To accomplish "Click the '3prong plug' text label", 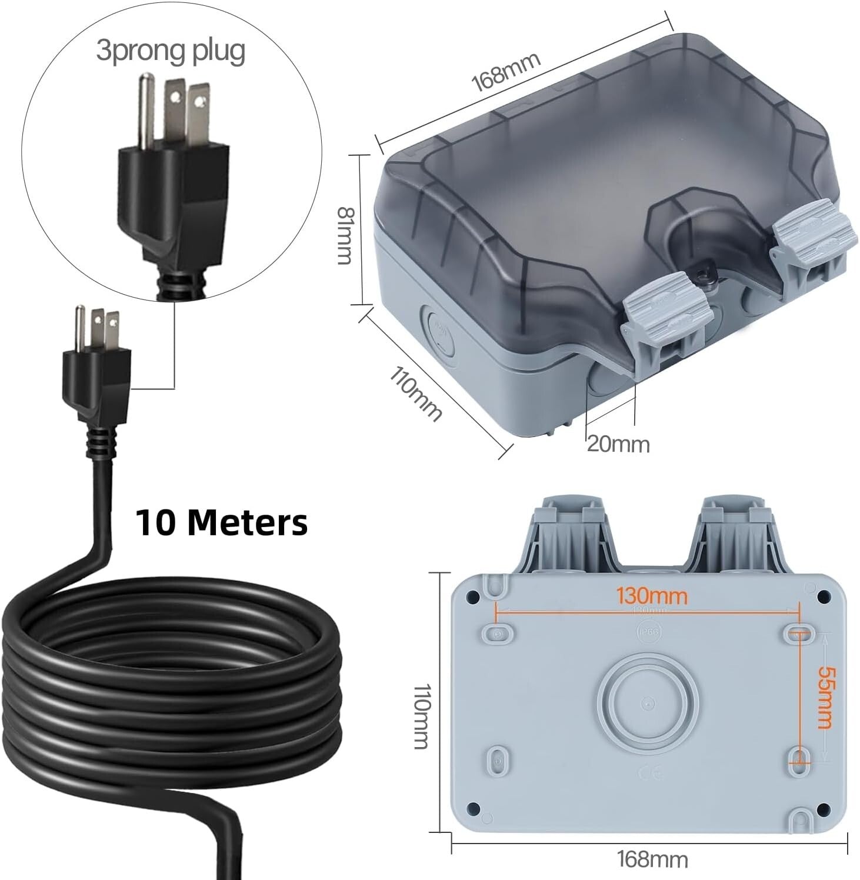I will coord(171,51).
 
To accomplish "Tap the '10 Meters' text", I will coord(222,522).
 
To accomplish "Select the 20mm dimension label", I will coord(618,444).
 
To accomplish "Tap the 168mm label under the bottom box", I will coord(652,859).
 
